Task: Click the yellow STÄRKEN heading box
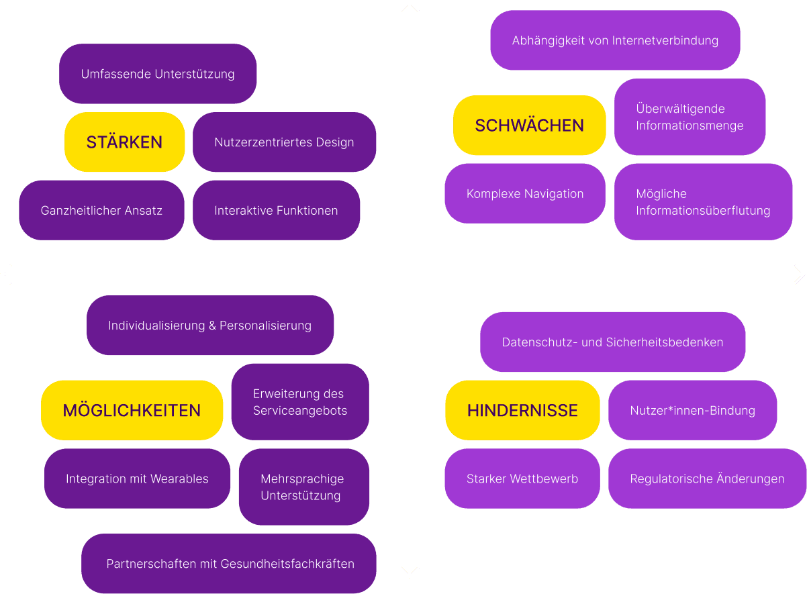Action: [124, 142]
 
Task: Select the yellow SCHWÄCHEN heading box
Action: [529, 126]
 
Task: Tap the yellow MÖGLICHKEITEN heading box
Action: [132, 410]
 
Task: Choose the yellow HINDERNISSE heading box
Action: [522, 410]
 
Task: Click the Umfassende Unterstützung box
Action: [158, 74]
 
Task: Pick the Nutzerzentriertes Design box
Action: [284, 142]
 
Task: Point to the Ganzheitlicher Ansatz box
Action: [101, 210]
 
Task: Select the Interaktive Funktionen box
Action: [276, 210]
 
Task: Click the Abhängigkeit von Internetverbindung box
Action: [615, 40]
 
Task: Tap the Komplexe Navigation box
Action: [524, 194]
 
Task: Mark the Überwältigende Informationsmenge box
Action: [690, 117]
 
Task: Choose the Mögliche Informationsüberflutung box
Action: [703, 202]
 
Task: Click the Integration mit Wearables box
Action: [137, 479]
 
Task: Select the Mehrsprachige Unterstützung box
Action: [303, 487]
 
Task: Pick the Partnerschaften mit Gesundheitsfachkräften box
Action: [229, 564]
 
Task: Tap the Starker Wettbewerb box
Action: [522, 479]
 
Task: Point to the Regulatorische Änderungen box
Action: [707, 479]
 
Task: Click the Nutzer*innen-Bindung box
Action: [692, 410]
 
